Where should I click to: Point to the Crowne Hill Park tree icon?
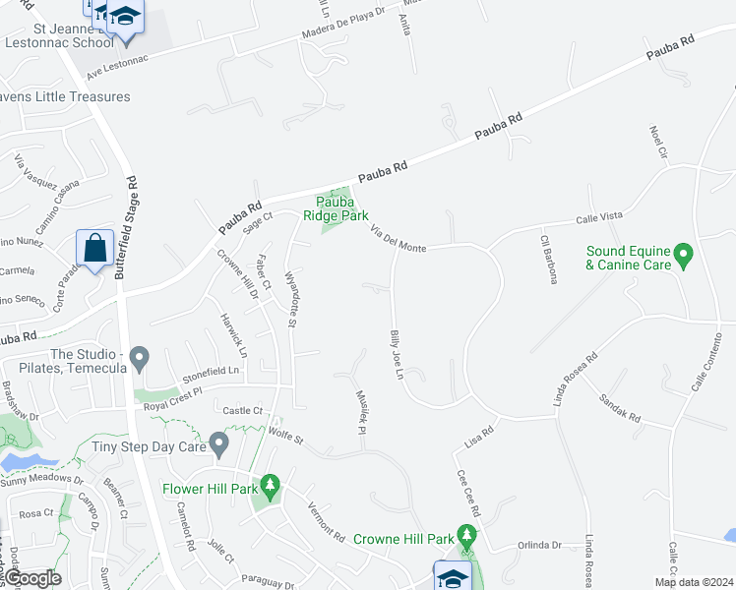(467, 537)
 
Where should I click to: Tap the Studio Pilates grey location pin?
(140, 358)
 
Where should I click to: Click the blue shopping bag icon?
(95, 249)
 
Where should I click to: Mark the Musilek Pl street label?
(360, 411)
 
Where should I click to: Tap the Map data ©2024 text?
(693, 582)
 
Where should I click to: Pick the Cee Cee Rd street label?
(465, 488)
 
